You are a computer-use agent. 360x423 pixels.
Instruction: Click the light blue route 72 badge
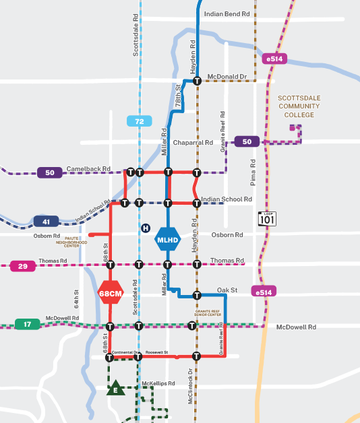[139, 121]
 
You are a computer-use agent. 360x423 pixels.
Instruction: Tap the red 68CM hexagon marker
[110, 293]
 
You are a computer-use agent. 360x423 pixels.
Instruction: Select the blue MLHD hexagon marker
[167, 239]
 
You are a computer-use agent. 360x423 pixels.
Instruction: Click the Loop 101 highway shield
[266, 219]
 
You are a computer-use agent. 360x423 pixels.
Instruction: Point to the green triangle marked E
[115, 389]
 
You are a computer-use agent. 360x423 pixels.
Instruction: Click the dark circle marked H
[145, 228]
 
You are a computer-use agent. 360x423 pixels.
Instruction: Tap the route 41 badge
[46, 221]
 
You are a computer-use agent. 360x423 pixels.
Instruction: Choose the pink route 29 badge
[23, 266]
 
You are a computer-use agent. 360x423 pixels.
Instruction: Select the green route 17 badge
[28, 324]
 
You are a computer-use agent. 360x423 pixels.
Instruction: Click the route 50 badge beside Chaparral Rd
[247, 141]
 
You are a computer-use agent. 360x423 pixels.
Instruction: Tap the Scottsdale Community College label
[299, 106]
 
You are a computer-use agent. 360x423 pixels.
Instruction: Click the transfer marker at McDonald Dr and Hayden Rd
[197, 81]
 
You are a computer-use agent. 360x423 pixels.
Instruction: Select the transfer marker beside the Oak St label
[197, 295]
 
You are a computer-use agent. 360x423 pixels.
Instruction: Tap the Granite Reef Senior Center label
[208, 313]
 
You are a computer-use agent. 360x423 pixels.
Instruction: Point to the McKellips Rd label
[158, 383]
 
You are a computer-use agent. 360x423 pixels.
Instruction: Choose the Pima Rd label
[253, 172]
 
